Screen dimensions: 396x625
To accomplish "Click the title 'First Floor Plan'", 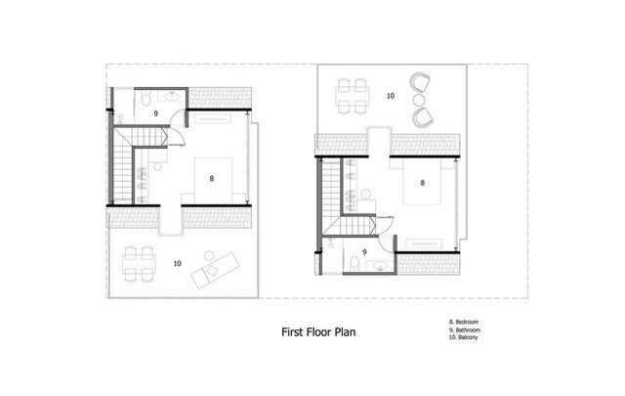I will click(318, 332).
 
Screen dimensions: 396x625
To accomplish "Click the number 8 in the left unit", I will click(211, 179).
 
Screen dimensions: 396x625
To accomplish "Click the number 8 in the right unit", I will click(422, 182).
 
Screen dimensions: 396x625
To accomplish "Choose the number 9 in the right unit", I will click(364, 252).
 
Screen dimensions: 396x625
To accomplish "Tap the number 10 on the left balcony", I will click(177, 263).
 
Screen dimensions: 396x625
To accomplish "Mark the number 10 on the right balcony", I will click(389, 96).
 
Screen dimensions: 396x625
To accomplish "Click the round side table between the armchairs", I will click(419, 99).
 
